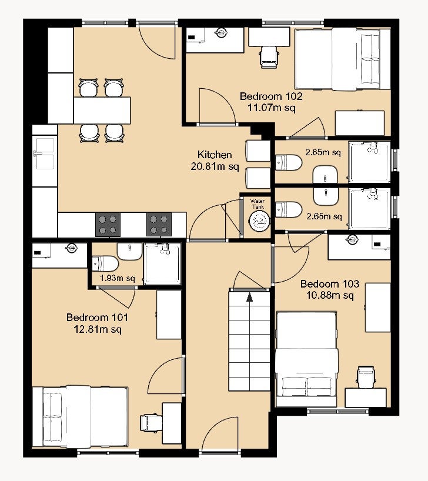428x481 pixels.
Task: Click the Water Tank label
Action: click(x=258, y=204)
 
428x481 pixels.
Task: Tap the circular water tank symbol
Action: click(x=259, y=221)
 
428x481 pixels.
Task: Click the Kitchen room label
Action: click(x=215, y=154)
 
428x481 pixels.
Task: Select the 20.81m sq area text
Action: click(x=215, y=166)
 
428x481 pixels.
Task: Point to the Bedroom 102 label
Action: click(x=271, y=96)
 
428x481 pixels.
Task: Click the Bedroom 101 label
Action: click(x=97, y=317)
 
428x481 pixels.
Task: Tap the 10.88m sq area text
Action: click(x=330, y=295)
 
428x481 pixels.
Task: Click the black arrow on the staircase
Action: click(x=249, y=296)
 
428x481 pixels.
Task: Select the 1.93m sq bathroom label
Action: click(x=118, y=278)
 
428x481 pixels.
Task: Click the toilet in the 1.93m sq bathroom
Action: click(x=106, y=264)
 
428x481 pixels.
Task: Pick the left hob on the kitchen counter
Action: click(x=108, y=225)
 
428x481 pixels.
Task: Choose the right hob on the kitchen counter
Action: click(x=159, y=225)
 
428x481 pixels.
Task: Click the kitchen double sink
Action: click(x=45, y=153)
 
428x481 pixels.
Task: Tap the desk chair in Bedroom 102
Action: click(x=269, y=57)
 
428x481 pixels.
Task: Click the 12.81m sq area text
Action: click(x=97, y=329)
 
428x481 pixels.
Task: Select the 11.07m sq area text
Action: click(x=272, y=108)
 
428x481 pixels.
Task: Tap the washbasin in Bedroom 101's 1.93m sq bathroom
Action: click(x=129, y=251)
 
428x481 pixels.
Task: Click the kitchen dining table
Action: click(x=102, y=111)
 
